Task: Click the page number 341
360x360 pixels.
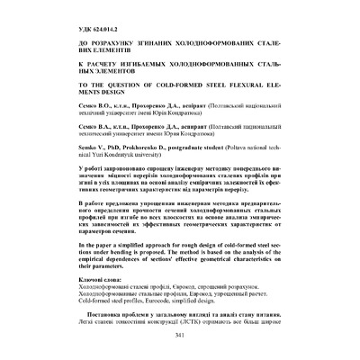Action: (x=180, y=336)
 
